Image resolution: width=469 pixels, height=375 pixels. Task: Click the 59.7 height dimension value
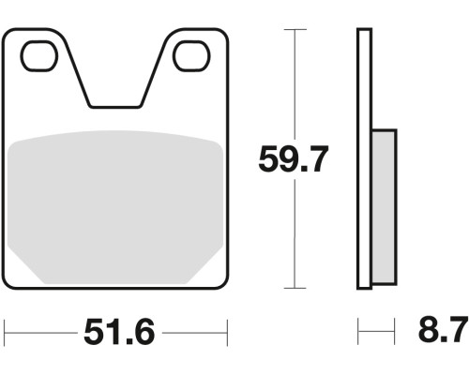(294, 159)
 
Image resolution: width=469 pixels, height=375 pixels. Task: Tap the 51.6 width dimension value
(119, 332)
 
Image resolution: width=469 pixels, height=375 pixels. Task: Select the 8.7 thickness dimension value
(443, 329)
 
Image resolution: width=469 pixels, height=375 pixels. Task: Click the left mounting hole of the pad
(39, 55)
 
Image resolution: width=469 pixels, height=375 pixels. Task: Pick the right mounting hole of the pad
(191, 55)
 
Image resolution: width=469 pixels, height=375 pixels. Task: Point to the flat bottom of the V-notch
(115, 107)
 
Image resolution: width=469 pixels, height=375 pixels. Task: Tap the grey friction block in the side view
(384, 207)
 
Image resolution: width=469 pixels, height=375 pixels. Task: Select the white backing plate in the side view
(364, 158)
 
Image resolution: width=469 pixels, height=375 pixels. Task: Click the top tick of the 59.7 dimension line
(295, 30)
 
